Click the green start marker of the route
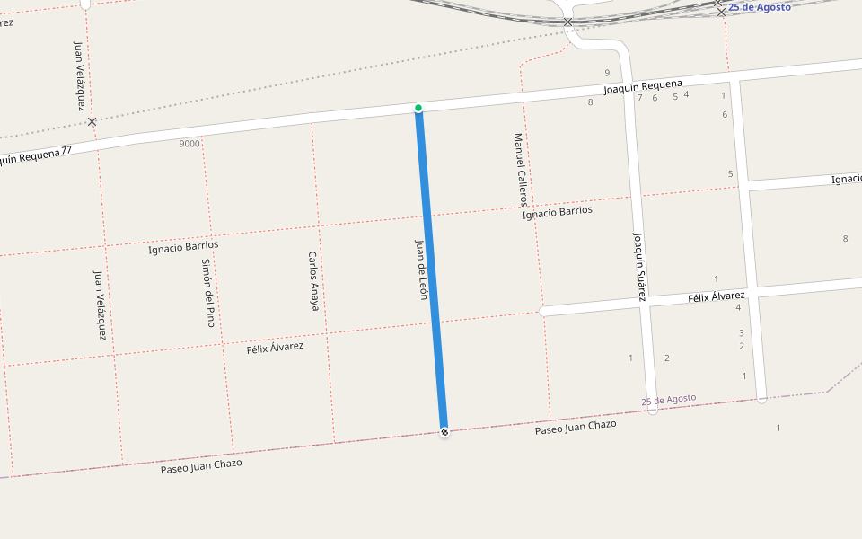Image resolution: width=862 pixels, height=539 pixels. (x=418, y=108)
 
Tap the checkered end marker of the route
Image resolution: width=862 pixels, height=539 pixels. (x=444, y=432)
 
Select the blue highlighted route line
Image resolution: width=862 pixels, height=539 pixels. (x=431, y=269)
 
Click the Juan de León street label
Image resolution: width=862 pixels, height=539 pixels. (x=420, y=269)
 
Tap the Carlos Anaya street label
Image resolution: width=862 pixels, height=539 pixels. (x=313, y=280)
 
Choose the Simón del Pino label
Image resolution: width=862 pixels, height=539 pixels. (x=208, y=292)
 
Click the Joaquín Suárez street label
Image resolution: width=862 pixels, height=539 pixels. (x=639, y=266)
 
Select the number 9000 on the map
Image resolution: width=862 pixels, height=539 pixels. (x=189, y=144)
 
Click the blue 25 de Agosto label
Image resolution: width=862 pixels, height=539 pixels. (x=759, y=7)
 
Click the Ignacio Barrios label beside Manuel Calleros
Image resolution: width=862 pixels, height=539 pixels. (x=558, y=212)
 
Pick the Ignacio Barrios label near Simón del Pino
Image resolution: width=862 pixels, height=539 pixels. (x=183, y=246)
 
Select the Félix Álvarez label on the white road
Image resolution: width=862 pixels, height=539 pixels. (x=717, y=296)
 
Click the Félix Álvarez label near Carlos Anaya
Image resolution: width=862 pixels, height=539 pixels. (x=275, y=348)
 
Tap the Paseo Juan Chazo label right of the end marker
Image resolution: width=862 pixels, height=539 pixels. (x=576, y=427)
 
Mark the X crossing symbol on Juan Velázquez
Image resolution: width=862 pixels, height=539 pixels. (x=92, y=121)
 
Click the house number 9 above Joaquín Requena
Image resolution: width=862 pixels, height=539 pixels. (x=607, y=73)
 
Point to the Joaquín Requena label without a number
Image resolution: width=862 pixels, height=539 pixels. (x=643, y=87)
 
